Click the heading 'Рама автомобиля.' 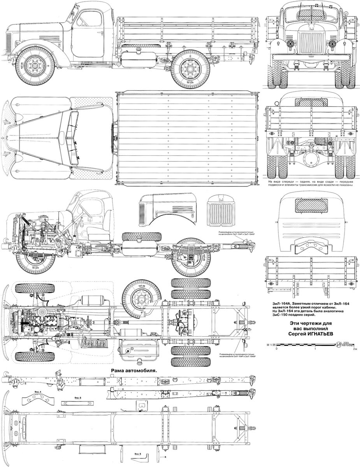[x=133, y=371]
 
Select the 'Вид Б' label [x=77, y=398]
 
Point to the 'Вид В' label [x=137, y=454]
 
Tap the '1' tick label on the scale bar [x=316, y=349]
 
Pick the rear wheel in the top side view [x=191, y=71]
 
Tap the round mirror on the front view [x=345, y=12]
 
